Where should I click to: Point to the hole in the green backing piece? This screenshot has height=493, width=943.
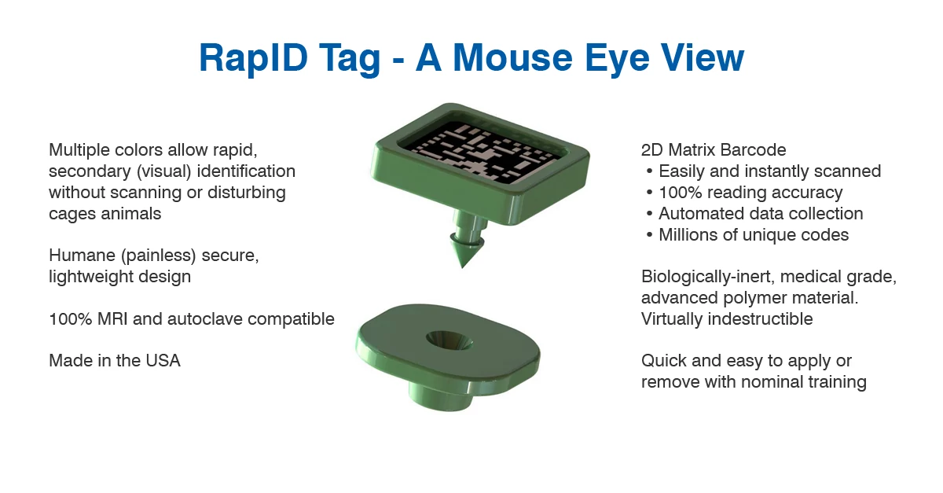[447, 340]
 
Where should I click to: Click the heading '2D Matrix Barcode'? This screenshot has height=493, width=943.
[714, 149]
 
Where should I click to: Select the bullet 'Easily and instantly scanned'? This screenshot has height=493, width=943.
[769, 171]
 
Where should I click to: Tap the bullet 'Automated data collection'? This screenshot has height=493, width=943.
[760, 213]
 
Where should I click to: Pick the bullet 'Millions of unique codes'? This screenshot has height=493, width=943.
[753, 234]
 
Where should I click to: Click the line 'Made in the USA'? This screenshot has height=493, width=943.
[115, 361]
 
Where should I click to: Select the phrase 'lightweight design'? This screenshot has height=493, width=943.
[119, 277]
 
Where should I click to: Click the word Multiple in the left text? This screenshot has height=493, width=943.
[79, 149]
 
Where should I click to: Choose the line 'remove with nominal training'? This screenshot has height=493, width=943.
[754, 382]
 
